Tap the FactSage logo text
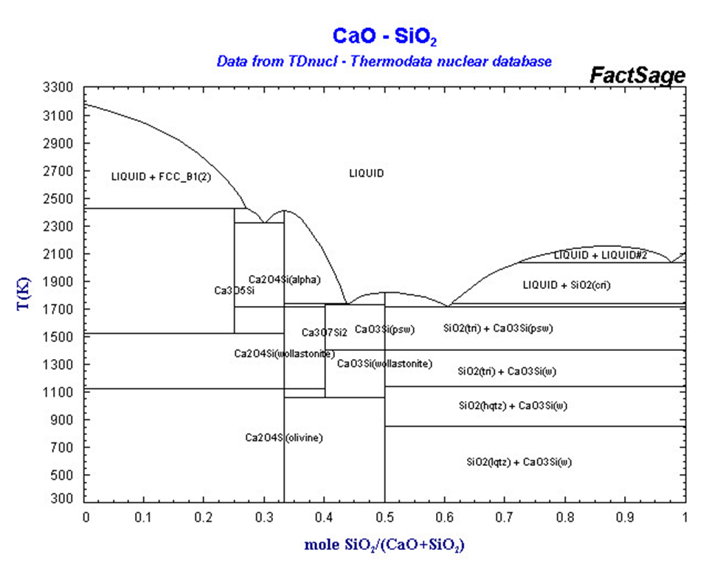click(637, 76)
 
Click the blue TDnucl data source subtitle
click(384, 61)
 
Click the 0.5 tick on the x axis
click(384, 518)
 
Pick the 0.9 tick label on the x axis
click(625, 518)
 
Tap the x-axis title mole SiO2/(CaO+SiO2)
click(384, 546)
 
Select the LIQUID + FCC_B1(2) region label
click(161, 177)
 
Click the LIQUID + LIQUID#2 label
click(600, 255)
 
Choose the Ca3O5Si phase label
click(235, 290)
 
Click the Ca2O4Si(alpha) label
click(285, 279)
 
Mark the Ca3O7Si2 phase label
click(325, 332)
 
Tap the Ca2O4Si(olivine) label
click(284, 438)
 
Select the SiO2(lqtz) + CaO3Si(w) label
click(519, 462)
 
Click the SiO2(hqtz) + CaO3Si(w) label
click(512, 405)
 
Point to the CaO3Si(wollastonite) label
click(384, 363)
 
